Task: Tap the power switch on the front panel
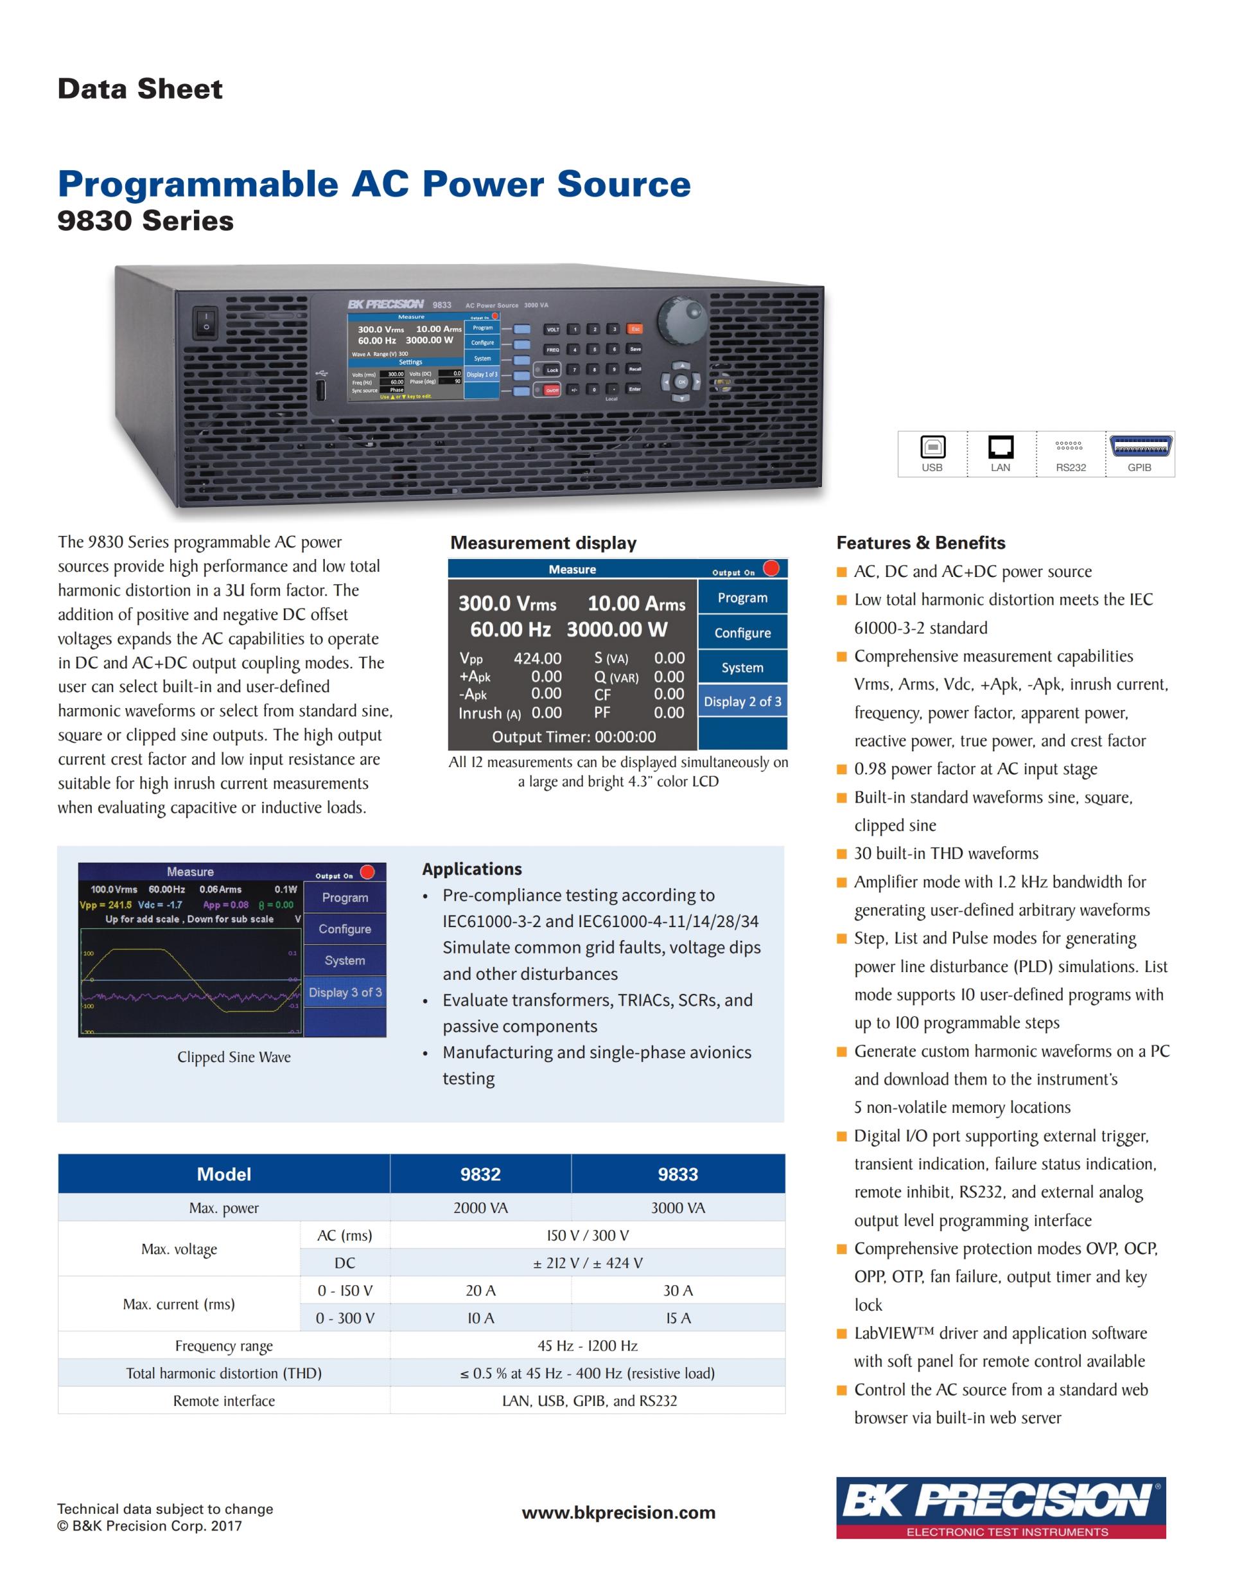click(206, 323)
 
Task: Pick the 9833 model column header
click(678, 1174)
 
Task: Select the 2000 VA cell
click(480, 1207)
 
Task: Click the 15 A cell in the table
click(678, 1318)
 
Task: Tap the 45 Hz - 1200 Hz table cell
click(588, 1345)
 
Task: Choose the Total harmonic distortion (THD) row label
click(223, 1373)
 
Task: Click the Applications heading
click(472, 868)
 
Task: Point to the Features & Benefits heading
click(920, 542)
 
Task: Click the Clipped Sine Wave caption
click(234, 1057)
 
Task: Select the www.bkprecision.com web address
click(618, 1512)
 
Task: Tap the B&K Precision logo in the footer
click(1001, 1507)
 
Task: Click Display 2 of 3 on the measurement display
click(742, 702)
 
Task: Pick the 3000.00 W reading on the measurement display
click(617, 629)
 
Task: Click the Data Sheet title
click(140, 89)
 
